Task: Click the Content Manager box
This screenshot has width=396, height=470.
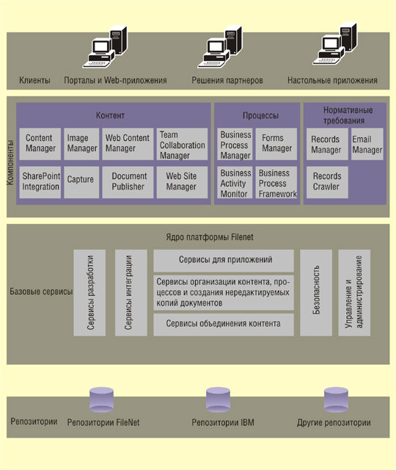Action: pyautogui.click(x=40, y=144)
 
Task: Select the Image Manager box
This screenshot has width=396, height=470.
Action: pyautogui.click(x=81, y=144)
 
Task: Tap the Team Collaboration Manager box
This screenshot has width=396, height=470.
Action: pyautogui.click(x=182, y=144)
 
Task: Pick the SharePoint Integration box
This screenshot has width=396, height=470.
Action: pyautogui.click(x=40, y=182)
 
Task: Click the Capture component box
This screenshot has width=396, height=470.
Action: pyautogui.click(x=81, y=182)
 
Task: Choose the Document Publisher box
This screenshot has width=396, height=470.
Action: pyautogui.click(x=128, y=182)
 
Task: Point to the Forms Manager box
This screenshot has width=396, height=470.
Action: pyautogui.click(x=276, y=144)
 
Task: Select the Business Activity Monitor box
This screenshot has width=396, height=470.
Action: pyautogui.click(x=235, y=182)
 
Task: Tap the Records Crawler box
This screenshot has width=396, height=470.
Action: pyautogui.click(x=327, y=182)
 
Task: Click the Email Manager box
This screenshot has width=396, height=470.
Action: pyautogui.click(x=367, y=144)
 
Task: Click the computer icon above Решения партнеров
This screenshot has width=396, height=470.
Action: pyautogui.click(x=220, y=47)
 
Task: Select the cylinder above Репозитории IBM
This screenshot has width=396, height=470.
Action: pyautogui.click(x=218, y=399)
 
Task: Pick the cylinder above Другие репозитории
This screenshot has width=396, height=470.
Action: pyautogui.click(x=336, y=399)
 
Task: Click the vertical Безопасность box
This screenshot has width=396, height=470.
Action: pyautogui.click(x=316, y=292)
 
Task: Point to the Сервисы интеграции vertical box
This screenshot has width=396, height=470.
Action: pyautogui.click(x=131, y=292)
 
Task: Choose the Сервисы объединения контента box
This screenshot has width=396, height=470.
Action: pyautogui.click(x=224, y=325)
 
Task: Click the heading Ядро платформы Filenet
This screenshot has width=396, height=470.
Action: pyautogui.click(x=210, y=237)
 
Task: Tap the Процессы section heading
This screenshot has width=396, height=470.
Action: pyautogui.click(x=260, y=115)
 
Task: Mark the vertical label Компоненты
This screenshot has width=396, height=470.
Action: pyautogui.click(x=10, y=162)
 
